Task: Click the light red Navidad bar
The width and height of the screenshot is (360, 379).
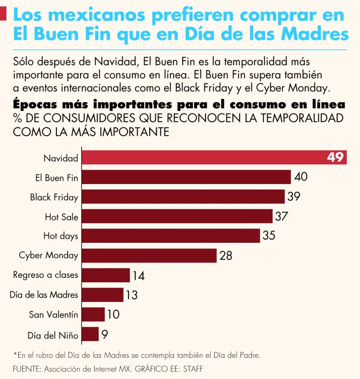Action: point(202,157)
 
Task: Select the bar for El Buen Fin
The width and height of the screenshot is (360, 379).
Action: point(186,177)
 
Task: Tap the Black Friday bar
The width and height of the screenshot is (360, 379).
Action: point(183,197)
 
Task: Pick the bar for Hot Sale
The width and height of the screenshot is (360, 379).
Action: point(177,216)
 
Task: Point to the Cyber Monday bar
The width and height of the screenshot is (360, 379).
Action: point(149,255)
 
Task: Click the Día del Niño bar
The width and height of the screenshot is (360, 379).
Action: point(90,334)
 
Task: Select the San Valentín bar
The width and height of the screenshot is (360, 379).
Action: point(93,314)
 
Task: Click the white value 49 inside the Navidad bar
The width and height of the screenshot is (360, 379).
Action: point(335,157)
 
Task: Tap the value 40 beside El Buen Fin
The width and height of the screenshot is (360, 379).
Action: point(301,177)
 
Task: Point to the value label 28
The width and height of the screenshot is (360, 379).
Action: point(226,256)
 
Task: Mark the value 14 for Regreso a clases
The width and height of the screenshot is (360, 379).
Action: point(138,275)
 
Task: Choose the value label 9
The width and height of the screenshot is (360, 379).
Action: point(105,334)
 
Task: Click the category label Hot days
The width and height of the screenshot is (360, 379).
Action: point(61,236)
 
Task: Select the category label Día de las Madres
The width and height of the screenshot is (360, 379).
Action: point(44,295)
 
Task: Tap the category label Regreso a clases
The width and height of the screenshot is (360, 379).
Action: point(45,275)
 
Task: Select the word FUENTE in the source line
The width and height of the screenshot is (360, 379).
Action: point(27,369)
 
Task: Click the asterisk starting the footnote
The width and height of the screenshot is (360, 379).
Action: point(15,354)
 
